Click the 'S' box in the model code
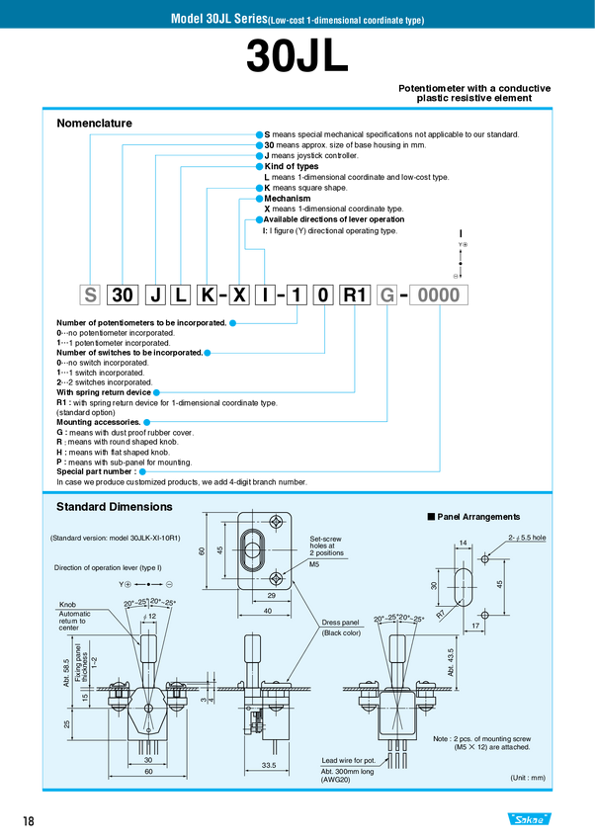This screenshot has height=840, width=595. (90, 295)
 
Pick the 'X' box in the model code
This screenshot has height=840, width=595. (238, 295)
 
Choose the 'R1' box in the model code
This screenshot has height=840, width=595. (354, 295)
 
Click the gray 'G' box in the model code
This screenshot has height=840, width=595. (387, 295)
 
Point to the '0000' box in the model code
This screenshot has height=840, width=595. (439, 295)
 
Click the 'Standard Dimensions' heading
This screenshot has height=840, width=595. (115, 507)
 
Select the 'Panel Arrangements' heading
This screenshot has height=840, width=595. (477, 517)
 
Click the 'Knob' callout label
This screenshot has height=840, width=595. (68, 603)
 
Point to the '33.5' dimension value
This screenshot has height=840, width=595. (269, 766)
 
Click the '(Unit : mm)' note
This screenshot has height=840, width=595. (527, 778)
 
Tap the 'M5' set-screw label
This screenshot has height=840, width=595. (315, 565)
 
